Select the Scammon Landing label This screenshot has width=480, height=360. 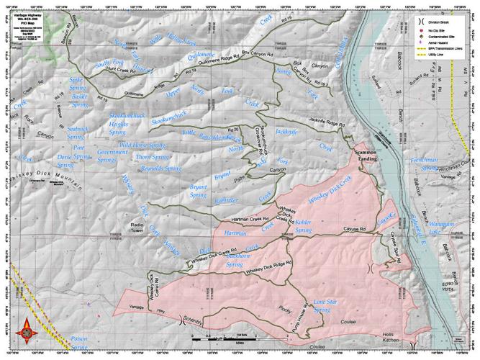click(x=363, y=158)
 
